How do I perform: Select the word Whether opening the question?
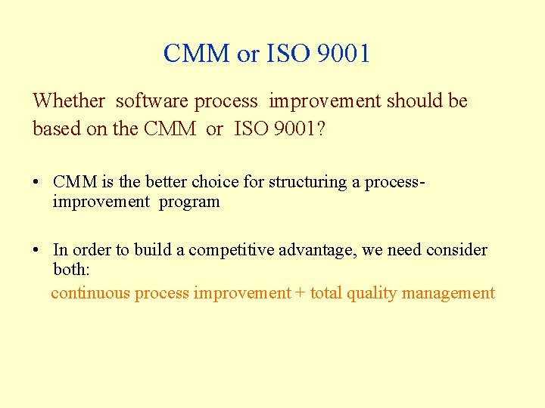pyautogui.click(x=69, y=100)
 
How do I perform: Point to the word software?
pyautogui.click(x=152, y=100)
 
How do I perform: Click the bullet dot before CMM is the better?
pyautogui.click(x=36, y=183)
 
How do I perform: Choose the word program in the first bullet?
pyautogui.click(x=189, y=202)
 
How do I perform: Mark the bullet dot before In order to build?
pyautogui.click(x=36, y=251)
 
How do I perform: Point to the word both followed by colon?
pyautogui.click(x=71, y=270)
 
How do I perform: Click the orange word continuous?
pyautogui.click(x=90, y=293)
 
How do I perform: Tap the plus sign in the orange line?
pyautogui.click(x=301, y=293)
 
